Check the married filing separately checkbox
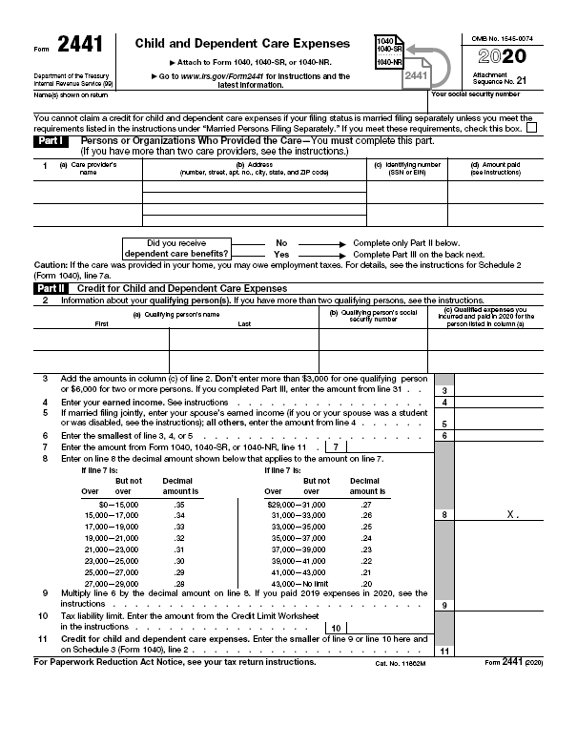[531, 127]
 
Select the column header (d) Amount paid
[502, 168]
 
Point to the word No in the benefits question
[281, 243]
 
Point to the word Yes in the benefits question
[281, 255]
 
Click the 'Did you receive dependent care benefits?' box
[187, 249]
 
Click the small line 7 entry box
[335, 446]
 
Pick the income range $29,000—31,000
[297, 502]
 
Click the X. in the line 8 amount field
[512, 514]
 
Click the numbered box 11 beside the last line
[445, 651]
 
